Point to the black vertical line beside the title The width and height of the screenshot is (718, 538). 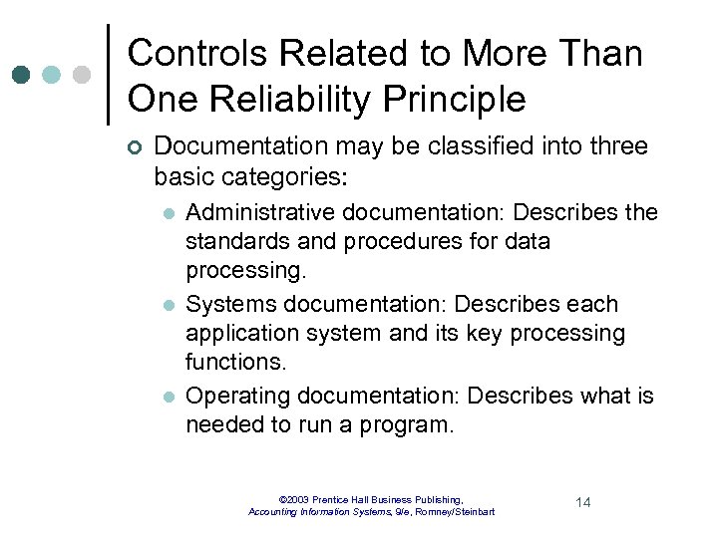point(108,75)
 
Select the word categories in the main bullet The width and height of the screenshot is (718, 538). point(290,178)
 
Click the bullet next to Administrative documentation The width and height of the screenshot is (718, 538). point(169,213)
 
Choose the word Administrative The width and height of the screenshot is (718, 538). point(251,212)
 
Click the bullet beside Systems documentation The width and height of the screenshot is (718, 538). point(169,305)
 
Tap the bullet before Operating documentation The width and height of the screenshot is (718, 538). point(169,397)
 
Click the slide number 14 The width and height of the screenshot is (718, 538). point(583,502)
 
